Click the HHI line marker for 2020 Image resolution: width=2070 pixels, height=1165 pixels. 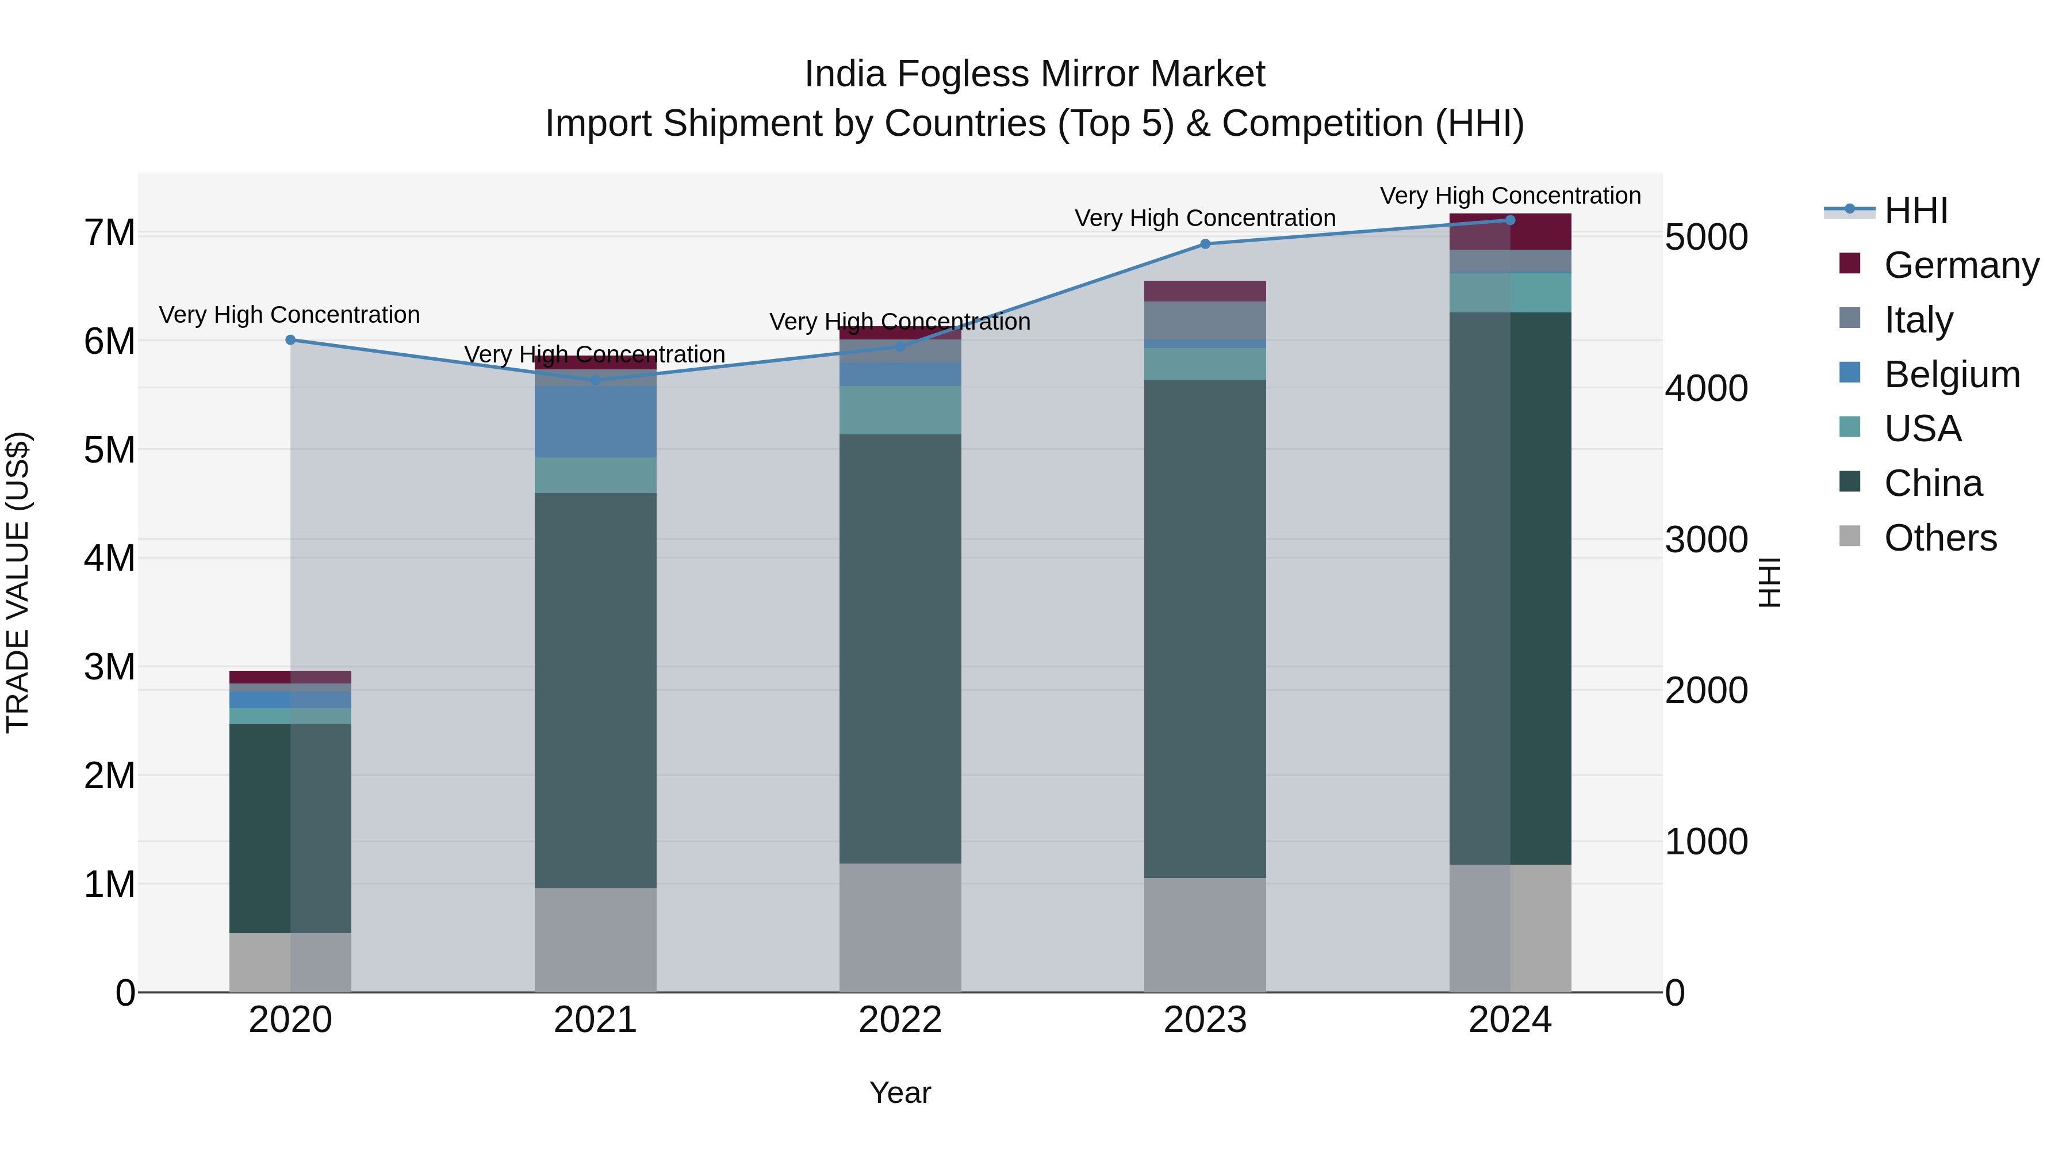coord(291,340)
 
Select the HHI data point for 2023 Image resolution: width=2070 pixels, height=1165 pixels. coord(1205,243)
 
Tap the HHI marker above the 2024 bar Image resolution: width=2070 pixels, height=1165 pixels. coord(1510,220)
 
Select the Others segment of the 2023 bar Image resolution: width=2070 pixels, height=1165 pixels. coord(1205,934)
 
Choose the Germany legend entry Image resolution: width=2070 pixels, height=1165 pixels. coord(1961,265)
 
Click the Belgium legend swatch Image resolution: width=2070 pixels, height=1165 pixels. coord(1850,373)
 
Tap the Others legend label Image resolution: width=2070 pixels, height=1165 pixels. coord(1940,538)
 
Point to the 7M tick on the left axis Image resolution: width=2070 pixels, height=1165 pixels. coord(109,233)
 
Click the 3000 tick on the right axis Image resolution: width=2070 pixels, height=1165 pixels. coord(1706,540)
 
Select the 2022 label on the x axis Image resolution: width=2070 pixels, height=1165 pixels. coord(900,1020)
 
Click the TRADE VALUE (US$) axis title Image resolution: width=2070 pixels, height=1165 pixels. coord(18,582)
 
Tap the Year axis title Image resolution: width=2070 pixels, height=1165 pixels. coord(900,1093)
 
